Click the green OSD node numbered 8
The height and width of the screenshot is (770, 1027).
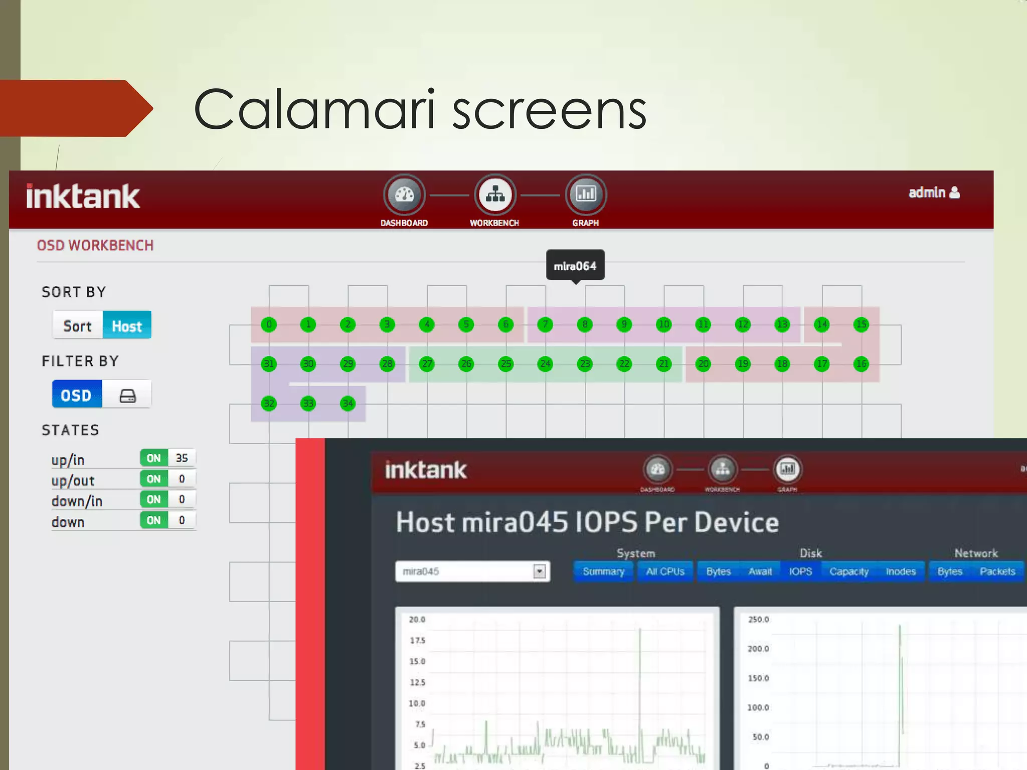click(x=585, y=324)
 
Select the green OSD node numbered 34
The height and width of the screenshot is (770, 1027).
click(x=348, y=403)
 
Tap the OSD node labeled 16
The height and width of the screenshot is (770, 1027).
click(x=861, y=364)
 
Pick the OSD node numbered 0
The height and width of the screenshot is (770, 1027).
click(x=269, y=324)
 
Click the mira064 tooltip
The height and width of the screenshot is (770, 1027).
click(x=575, y=266)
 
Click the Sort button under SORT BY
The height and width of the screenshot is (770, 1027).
click(x=78, y=326)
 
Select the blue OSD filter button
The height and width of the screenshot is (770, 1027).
click(x=77, y=395)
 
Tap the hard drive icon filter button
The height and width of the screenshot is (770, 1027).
click(x=127, y=396)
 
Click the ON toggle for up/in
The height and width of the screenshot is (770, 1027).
click(x=153, y=458)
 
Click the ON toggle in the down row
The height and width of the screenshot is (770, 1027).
click(x=153, y=520)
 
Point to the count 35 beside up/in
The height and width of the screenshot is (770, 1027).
click(x=182, y=458)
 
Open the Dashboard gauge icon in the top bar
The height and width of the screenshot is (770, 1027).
click(x=404, y=195)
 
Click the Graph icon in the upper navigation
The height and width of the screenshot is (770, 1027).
click(x=586, y=195)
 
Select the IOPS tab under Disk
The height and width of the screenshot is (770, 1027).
click(x=800, y=571)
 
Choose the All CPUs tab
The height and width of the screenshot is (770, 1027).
click(x=665, y=571)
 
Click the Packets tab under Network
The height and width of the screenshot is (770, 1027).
click(x=997, y=571)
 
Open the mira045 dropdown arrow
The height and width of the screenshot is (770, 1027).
click(x=540, y=571)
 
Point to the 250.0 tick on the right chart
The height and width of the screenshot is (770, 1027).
click(x=758, y=620)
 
